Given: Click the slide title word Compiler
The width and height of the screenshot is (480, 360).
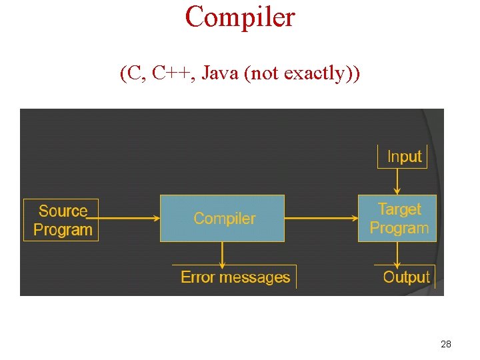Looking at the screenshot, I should click(240, 17).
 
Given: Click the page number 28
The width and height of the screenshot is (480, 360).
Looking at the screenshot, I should click(446, 344).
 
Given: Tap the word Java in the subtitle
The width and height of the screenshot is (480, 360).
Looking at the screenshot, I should click(219, 73).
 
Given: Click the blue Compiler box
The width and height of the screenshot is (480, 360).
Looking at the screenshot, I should click(222, 218).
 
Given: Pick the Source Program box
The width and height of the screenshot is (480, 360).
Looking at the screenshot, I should click(61, 220).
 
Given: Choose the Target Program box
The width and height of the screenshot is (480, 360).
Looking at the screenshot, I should click(397, 218).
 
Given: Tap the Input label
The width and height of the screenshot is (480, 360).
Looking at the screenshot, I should click(404, 157).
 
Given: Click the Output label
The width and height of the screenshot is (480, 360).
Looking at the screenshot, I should click(406, 277).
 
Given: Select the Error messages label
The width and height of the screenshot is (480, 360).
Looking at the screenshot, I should click(235, 277).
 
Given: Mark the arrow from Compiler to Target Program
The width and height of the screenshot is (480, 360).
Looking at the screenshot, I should click(321, 218).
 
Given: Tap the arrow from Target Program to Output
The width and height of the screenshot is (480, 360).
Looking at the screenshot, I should click(397, 253).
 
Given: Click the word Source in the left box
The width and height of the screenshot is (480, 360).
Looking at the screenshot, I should click(63, 211).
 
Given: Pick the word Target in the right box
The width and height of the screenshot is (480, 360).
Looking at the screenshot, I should click(399, 209).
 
